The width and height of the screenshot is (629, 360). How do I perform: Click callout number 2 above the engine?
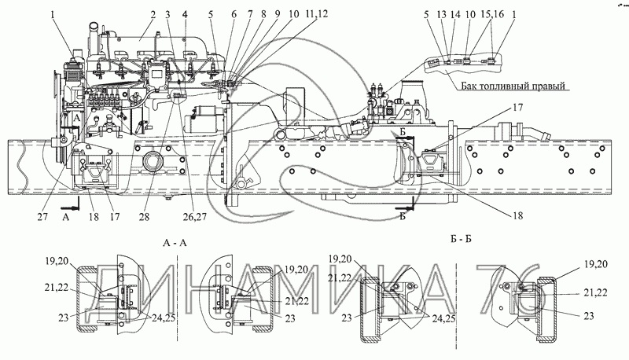[x=153, y=15]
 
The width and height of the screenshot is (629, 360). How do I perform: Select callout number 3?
[x=167, y=15]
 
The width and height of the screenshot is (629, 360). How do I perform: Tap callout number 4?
[x=184, y=15]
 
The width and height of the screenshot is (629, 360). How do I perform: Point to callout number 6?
[x=234, y=15]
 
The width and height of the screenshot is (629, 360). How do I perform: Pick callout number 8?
[x=263, y=15]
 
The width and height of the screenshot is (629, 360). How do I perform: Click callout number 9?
[x=277, y=15]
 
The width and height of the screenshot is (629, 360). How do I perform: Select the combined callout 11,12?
[x=316, y=14]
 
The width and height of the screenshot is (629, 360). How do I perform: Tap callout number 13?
[x=441, y=15]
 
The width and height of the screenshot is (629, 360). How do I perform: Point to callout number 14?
[x=455, y=15]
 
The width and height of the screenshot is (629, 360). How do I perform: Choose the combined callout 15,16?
[x=492, y=15]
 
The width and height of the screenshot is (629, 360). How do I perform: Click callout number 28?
[x=144, y=216]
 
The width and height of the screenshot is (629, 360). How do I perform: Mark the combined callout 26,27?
[x=194, y=217]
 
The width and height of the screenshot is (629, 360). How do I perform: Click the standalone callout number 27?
[x=42, y=216]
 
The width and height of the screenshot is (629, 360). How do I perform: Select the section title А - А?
[x=175, y=244]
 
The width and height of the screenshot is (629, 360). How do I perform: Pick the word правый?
[x=551, y=86]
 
